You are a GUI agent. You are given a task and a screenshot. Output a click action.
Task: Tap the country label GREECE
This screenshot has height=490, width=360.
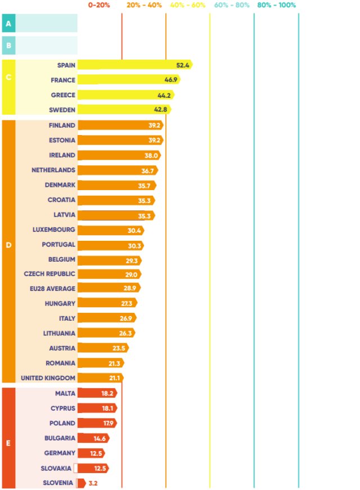pos(62,95)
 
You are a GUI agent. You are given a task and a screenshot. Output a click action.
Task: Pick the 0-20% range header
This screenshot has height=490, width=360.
pos(100,5)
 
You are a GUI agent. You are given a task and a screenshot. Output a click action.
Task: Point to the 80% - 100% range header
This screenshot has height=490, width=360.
pos(276,5)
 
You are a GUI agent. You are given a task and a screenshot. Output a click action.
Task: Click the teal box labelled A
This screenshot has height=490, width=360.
pos(8,24)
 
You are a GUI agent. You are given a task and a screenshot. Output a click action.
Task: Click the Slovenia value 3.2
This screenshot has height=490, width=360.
pos(93,483)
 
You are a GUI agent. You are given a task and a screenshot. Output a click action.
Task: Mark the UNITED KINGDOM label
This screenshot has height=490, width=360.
pos(48,378)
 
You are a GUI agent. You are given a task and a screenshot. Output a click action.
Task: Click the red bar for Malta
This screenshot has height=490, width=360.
pos(97,393)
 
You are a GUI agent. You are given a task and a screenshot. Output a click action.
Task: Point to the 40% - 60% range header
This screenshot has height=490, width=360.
pos(187,5)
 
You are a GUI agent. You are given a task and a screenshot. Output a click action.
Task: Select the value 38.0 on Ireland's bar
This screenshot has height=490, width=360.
pos(151,155)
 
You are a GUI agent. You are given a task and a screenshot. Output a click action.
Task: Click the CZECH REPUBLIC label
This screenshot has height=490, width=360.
pos(49,273)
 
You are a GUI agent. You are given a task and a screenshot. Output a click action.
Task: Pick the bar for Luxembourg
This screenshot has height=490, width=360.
pos(110,230)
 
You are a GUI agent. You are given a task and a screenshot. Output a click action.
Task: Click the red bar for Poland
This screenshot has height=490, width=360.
pos(97,423)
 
